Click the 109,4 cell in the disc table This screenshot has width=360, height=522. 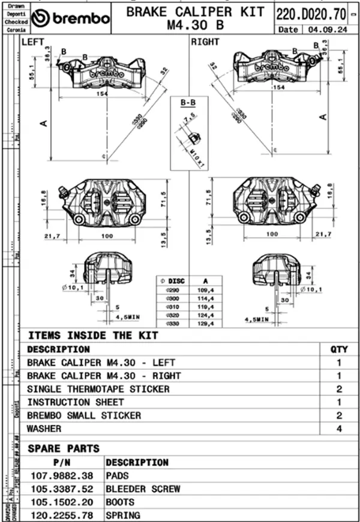pyautogui.click(x=205, y=290)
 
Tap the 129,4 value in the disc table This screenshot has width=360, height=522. pyautogui.click(x=205, y=323)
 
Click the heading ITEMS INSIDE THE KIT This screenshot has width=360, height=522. pyautogui.click(x=93, y=335)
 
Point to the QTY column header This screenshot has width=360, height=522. pyautogui.click(x=339, y=349)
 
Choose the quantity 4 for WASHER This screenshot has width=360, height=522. pyautogui.click(x=339, y=429)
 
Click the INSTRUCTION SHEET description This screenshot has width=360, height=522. pyautogui.click(x=76, y=402)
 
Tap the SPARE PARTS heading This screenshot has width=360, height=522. pyautogui.click(x=64, y=448)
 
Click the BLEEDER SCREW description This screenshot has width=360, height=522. pyautogui.click(x=143, y=489)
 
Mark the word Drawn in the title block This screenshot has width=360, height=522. pyautogui.click(x=16, y=5)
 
